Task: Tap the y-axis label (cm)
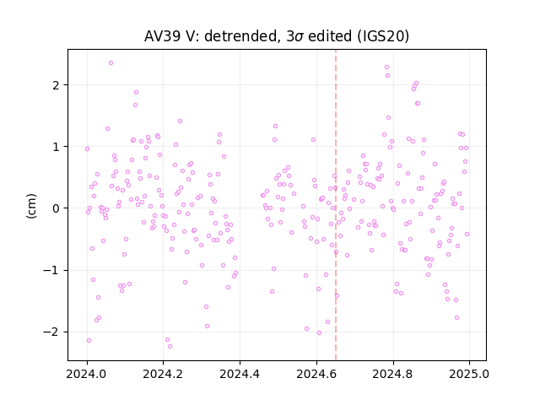pyautogui.click(x=31, y=206)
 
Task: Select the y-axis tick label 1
pyautogui.click(x=57, y=147)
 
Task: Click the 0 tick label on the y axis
pyautogui.click(x=57, y=208)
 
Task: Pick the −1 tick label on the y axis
pyautogui.click(x=51, y=270)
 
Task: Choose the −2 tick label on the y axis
pyautogui.click(x=51, y=332)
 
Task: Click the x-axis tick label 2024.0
pyautogui.click(x=87, y=374)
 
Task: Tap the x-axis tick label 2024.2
pyautogui.click(x=164, y=374)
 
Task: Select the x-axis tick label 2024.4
pyautogui.click(x=240, y=374)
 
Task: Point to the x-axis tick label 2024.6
pyautogui.click(x=316, y=374)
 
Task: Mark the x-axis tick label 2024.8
pyautogui.click(x=393, y=374)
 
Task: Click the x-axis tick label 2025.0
pyautogui.click(x=469, y=374)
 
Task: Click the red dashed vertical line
pyautogui.click(x=336, y=205)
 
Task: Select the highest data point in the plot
pyautogui.click(x=111, y=63)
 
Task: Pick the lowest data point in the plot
pyautogui.click(x=170, y=347)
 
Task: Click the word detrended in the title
pyautogui.click(x=241, y=36)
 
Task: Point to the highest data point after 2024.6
pyautogui.click(x=386, y=67)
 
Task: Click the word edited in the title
pyautogui.click(x=330, y=36)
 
